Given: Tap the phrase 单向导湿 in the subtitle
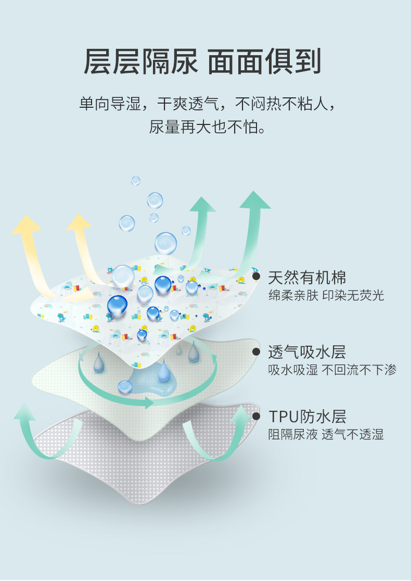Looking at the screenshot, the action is click(110, 104).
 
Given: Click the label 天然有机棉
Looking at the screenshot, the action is click(307, 277).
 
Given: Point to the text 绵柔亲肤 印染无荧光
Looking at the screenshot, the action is click(326, 296).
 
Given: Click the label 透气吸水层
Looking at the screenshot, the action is click(307, 352).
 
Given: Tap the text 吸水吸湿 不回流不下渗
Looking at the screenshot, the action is click(332, 370).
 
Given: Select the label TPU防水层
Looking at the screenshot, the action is click(307, 416).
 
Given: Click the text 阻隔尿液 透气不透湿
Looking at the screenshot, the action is click(326, 435).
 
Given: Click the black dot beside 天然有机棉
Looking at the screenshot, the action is click(256, 276).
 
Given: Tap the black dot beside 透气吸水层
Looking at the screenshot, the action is click(256, 351).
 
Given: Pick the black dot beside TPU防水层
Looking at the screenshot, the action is click(256, 416).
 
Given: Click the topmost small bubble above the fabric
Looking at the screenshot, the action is click(136, 181).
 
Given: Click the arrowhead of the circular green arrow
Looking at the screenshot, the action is click(150, 402).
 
